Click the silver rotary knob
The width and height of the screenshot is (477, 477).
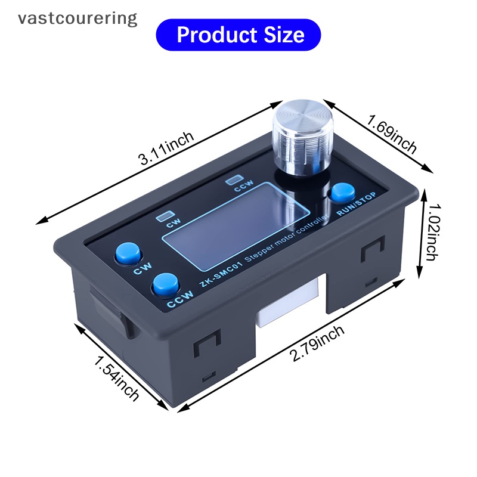click(x=296, y=138)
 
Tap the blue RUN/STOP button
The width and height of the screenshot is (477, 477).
click(x=343, y=193)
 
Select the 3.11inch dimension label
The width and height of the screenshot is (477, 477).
click(x=166, y=148)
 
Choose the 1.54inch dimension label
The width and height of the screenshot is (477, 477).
click(x=116, y=377)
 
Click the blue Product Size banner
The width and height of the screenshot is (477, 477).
click(x=238, y=35)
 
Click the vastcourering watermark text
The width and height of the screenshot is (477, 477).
click(x=78, y=18)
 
